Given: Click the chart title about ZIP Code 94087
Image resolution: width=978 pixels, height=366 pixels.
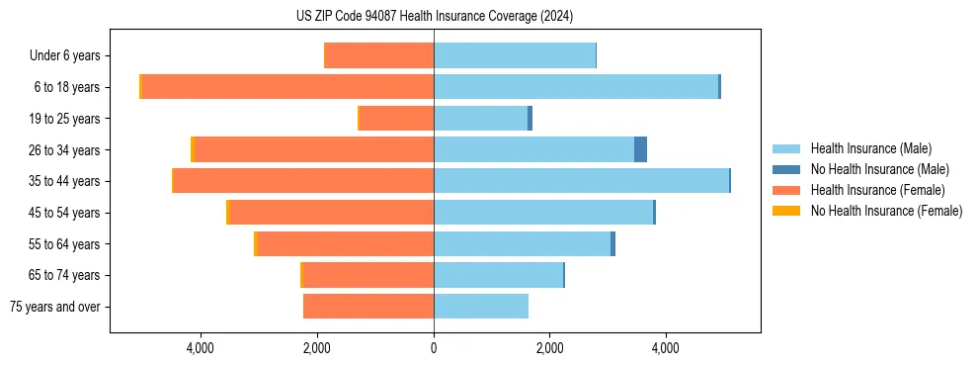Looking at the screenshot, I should click(x=435, y=16).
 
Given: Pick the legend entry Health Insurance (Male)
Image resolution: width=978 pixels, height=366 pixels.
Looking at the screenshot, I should click(x=870, y=148).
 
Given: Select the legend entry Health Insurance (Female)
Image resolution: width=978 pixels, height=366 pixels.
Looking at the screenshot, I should click(x=877, y=190).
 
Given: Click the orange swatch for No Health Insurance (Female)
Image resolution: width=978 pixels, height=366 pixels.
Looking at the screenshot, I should click(x=786, y=211).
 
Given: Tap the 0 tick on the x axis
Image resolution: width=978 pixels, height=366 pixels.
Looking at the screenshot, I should click(x=434, y=348).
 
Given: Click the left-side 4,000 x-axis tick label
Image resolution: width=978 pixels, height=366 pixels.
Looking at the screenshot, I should click(x=201, y=348).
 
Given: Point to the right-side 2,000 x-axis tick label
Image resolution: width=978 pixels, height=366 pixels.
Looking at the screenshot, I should click(x=549, y=348).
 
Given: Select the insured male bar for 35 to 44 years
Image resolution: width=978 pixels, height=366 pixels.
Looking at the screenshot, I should click(x=581, y=181).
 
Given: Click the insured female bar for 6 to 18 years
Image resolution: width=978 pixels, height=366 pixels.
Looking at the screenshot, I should click(x=287, y=87).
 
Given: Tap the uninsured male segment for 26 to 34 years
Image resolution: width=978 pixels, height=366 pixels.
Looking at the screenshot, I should click(x=640, y=149).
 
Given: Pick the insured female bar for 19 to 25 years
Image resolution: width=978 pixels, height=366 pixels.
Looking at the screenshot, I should click(x=396, y=119).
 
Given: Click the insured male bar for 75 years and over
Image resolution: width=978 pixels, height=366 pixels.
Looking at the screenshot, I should click(x=481, y=307).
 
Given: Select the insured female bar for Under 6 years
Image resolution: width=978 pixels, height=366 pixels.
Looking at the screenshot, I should click(x=378, y=56).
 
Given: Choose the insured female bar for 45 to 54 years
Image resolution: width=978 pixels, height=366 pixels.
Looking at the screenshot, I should click(x=331, y=213).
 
